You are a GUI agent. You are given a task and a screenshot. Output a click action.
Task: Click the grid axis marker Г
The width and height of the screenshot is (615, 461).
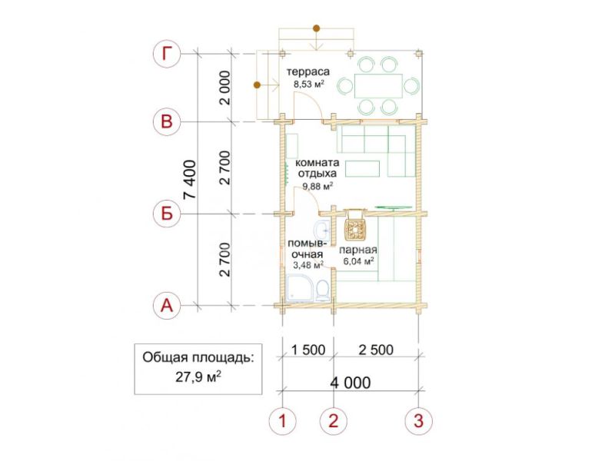tap(167, 54)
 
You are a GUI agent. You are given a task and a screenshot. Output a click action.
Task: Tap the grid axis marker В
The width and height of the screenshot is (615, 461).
tap(167, 121)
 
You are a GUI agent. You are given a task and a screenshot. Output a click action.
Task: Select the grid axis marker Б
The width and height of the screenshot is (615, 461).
tap(167, 214)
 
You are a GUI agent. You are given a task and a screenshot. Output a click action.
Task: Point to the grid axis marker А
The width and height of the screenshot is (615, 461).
tap(167, 305)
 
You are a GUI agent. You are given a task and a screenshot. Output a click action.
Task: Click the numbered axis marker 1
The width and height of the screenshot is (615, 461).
tap(282, 421)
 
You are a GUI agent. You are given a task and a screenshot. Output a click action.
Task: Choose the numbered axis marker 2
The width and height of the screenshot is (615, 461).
tap(334, 421)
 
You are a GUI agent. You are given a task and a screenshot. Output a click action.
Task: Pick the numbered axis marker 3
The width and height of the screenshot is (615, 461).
tap(418, 421)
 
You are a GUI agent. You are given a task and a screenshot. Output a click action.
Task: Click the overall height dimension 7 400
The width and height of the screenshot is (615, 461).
tap(190, 179)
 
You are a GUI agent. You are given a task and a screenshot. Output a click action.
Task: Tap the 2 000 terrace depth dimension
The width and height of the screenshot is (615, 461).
tap(224, 88)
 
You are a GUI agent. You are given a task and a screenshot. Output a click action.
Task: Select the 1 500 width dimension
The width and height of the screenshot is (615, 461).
tap(308, 350)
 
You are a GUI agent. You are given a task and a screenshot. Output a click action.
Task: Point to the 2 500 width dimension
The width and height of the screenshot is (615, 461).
tap(376, 350)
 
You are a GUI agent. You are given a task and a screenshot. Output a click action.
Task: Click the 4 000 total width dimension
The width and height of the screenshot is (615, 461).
tap(351, 383)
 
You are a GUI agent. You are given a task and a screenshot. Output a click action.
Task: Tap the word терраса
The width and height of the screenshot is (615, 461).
tap(308, 72)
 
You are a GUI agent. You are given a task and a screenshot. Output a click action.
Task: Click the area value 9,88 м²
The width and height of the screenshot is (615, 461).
tap(317, 186)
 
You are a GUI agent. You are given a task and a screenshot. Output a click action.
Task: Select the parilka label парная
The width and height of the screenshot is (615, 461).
tap(358, 250)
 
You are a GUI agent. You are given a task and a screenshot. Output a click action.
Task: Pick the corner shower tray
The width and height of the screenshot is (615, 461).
tap(301, 288)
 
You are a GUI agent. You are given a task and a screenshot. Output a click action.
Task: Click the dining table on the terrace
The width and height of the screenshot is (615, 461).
tap(378, 86)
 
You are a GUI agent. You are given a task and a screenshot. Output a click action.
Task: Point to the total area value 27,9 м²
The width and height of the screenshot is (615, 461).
tap(198, 377)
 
